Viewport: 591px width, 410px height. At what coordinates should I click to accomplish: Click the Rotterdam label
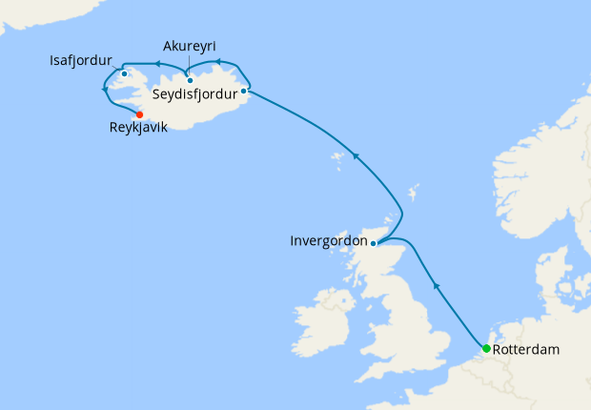tap(527, 350)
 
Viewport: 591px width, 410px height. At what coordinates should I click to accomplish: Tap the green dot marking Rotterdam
tap(486, 348)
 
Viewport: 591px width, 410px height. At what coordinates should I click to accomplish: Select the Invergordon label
tap(328, 241)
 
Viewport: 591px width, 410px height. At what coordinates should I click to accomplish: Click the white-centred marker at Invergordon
tap(374, 243)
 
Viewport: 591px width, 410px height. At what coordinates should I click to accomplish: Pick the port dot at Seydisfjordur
tap(245, 92)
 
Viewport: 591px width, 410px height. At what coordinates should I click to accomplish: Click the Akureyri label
tap(190, 46)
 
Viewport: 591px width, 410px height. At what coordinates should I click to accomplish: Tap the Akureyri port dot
tap(191, 80)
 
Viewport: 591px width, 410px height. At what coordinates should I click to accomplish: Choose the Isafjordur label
tap(81, 61)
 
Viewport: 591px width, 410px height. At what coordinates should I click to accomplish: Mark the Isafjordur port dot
tap(125, 73)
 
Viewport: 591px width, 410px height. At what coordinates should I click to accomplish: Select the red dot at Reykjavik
tap(140, 114)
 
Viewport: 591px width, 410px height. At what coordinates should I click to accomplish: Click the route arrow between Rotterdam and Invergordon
tap(437, 284)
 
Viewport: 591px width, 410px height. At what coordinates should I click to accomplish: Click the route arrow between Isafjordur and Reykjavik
tap(103, 88)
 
